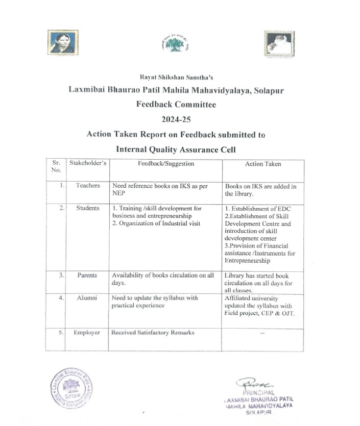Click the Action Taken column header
coord(263,164)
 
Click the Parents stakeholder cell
coord(87,275)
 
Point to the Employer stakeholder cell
coord(87,333)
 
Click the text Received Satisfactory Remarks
coord(153,333)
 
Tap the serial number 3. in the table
coord(61,275)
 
